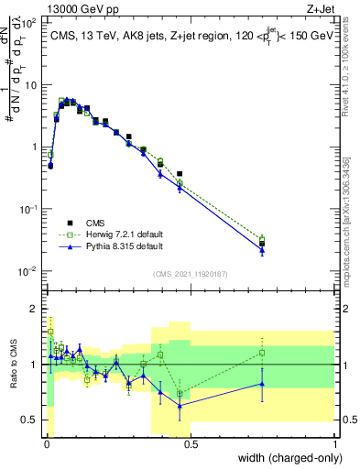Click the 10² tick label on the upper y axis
pos(29,22)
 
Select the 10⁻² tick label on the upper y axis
pos(29,271)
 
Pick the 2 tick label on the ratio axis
pos(35,309)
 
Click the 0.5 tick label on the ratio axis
pos(30,420)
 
